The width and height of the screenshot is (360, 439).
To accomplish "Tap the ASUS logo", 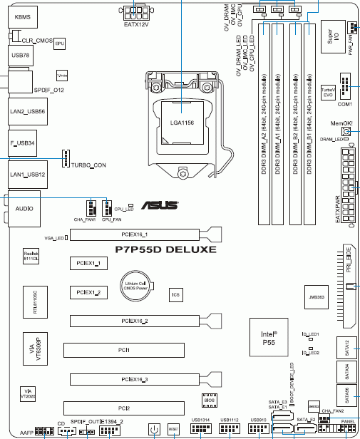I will coord(163,206).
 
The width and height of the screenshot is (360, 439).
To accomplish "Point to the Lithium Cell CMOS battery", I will coord(135,286).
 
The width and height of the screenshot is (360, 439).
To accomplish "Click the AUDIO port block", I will coord(22,210).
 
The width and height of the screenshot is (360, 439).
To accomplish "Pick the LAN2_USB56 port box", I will coord(27,112).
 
